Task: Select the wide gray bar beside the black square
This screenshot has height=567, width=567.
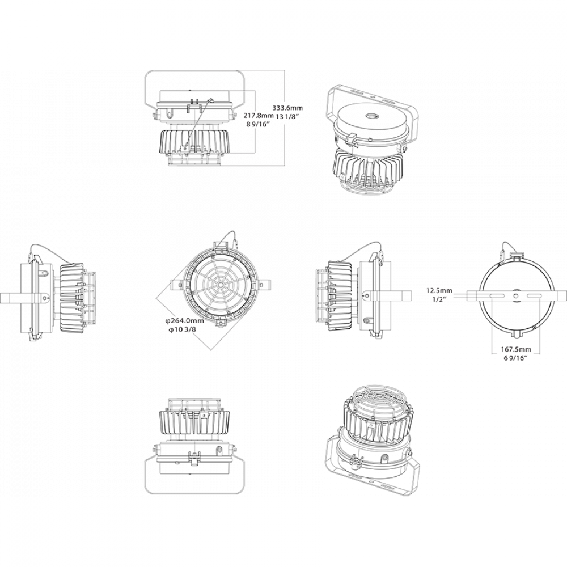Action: (x=293, y=283)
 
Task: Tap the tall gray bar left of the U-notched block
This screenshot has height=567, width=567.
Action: (x=445, y=283)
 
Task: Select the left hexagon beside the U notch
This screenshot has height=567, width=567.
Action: (x=493, y=311)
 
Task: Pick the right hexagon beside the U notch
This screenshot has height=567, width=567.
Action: (x=539, y=311)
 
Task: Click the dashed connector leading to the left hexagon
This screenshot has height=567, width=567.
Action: (x=475, y=295)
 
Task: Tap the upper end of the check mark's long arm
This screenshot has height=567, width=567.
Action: (x=250, y=313)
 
